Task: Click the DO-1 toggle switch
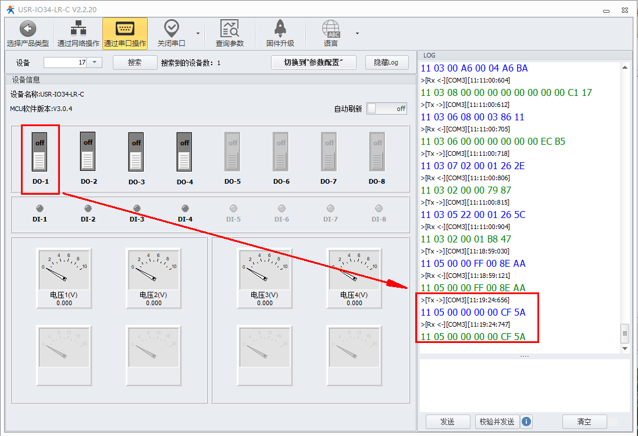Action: [x=40, y=152]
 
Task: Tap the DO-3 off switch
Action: [x=136, y=152]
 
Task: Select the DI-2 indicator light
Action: [x=88, y=208]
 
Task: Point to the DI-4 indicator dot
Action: [x=185, y=208]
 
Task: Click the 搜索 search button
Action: [x=135, y=62]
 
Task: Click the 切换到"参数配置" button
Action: [x=313, y=62]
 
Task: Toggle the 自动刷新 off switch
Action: [x=387, y=109]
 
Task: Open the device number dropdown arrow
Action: [x=94, y=62]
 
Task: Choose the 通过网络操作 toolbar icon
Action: [x=78, y=28]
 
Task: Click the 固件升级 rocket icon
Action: [x=280, y=28]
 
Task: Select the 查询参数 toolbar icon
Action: [x=230, y=28]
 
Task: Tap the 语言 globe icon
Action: [x=331, y=28]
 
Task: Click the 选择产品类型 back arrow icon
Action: [x=28, y=28]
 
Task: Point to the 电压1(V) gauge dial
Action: [x=64, y=269]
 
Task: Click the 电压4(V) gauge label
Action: [x=354, y=295]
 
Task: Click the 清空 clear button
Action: [x=584, y=422]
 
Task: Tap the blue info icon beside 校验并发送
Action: [x=526, y=421]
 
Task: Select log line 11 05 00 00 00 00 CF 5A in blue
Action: [x=473, y=312]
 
